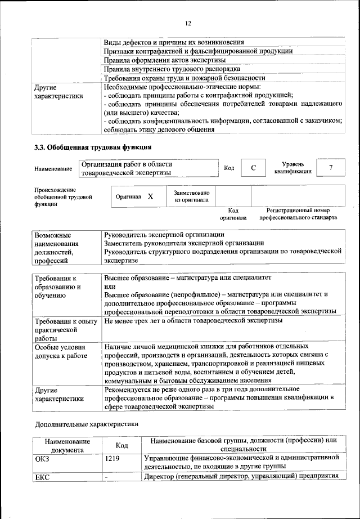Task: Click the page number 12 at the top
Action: click(188, 23)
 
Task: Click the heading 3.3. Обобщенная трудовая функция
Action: click(93, 148)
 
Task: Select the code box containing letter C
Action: click(254, 168)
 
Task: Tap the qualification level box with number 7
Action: click(331, 168)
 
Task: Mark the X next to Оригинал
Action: click(150, 196)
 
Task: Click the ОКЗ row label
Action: click(42, 459)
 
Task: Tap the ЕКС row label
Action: click(42, 477)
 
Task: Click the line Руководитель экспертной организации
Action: click(164, 234)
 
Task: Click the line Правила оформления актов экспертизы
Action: click(165, 60)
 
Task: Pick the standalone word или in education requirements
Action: click(110, 286)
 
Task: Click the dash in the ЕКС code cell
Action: click(106, 477)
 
